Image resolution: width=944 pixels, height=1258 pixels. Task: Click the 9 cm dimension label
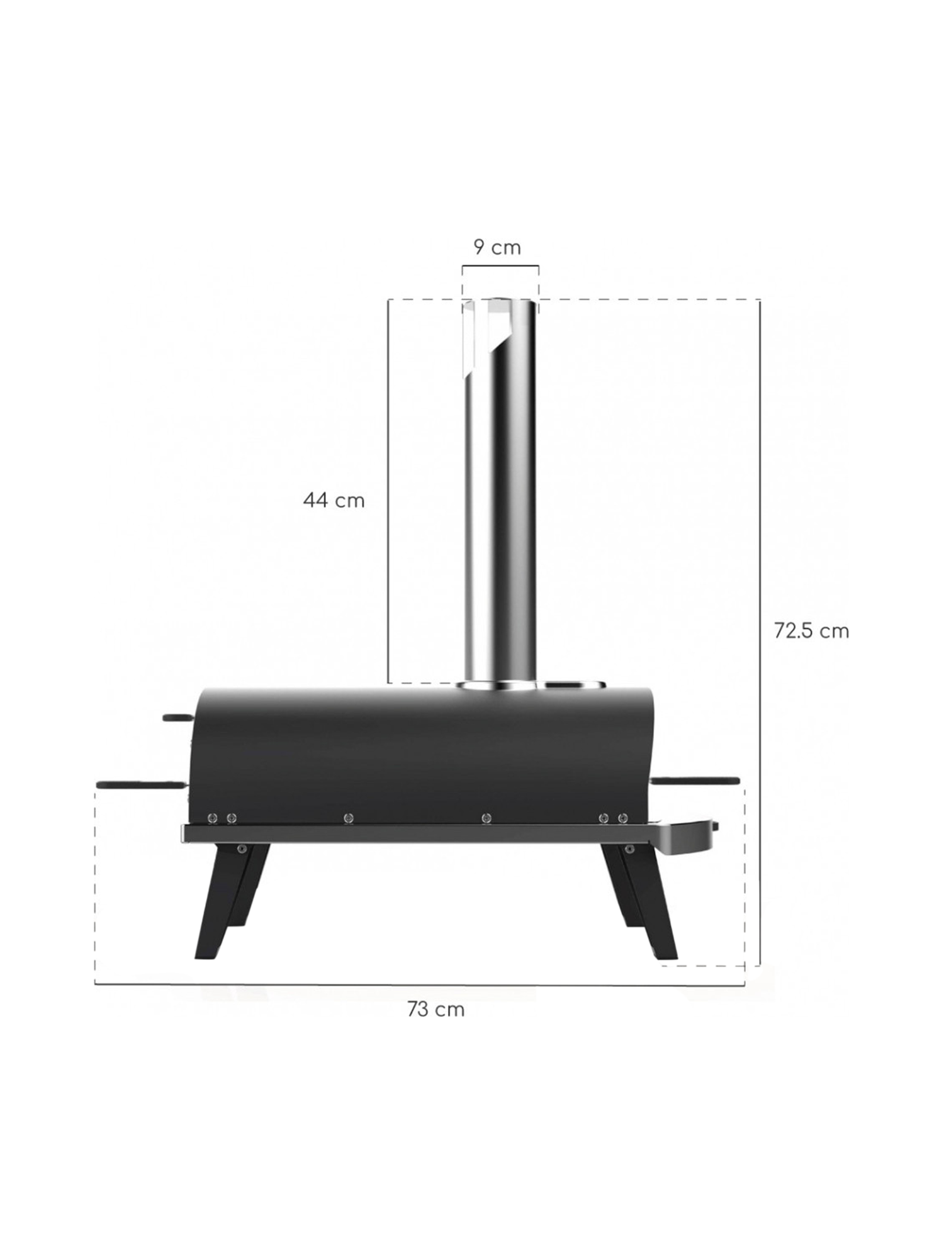tap(497, 247)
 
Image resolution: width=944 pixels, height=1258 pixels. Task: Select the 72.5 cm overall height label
tap(811, 630)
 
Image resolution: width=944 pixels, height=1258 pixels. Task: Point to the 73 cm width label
tap(435, 1009)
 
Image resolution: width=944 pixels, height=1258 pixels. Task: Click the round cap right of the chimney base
tap(574, 683)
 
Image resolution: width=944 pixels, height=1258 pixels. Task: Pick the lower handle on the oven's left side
tap(142, 785)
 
